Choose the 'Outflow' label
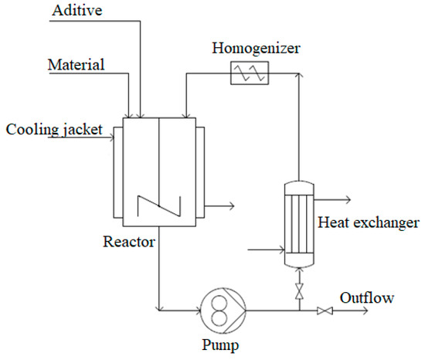tap(368, 297)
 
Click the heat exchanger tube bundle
tap(297, 224)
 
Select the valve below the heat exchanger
tap(297, 290)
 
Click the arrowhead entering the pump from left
tap(196, 311)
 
